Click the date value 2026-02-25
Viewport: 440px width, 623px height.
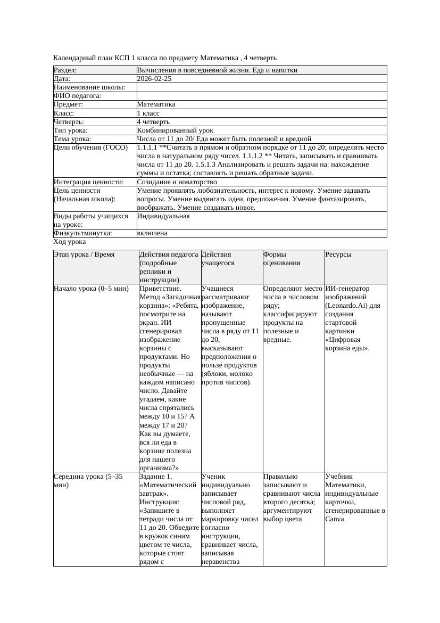(x=154, y=79)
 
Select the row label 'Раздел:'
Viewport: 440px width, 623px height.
(x=65, y=70)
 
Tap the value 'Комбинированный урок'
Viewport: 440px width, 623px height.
(x=175, y=130)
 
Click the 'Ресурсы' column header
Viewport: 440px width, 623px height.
(x=338, y=255)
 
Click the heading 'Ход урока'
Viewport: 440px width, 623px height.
(x=70, y=242)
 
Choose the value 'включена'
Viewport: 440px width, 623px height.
(x=152, y=233)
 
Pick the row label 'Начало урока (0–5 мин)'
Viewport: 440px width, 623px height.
(x=91, y=289)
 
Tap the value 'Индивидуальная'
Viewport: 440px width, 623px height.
(x=163, y=216)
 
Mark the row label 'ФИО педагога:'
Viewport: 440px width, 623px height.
(x=78, y=96)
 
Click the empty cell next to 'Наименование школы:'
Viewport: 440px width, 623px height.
(x=261, y=87)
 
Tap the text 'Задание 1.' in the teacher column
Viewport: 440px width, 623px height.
(x=155, y=477)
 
